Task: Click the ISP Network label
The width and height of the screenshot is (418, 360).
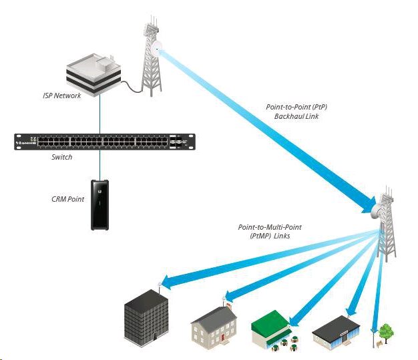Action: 62,96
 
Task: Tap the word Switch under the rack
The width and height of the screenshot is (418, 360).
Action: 63,158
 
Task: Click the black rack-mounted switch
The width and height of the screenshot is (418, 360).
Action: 101,142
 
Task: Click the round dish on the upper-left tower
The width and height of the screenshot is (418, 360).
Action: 158,47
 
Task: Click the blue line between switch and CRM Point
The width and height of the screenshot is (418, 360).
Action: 100,163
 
